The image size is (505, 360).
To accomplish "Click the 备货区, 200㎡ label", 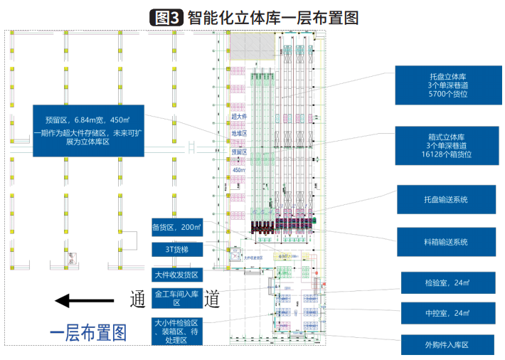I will [177, 228].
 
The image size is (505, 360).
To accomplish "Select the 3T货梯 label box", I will [177, 250].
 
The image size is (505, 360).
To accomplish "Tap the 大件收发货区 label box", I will [177, 274].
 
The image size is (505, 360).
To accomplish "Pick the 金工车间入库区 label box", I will [177, 297].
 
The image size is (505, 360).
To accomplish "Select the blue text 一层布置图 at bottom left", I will [87, 332].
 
